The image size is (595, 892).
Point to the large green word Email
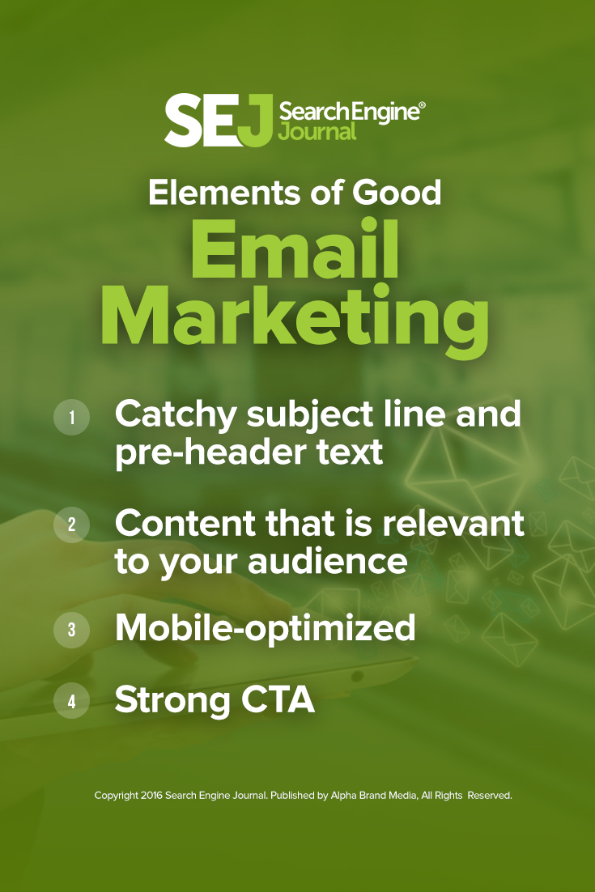[295, 253]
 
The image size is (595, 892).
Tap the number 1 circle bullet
[71, 418]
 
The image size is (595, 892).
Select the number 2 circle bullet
[71, 525]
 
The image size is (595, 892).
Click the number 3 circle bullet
[71, 630]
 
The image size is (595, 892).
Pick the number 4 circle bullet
[71, 701]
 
